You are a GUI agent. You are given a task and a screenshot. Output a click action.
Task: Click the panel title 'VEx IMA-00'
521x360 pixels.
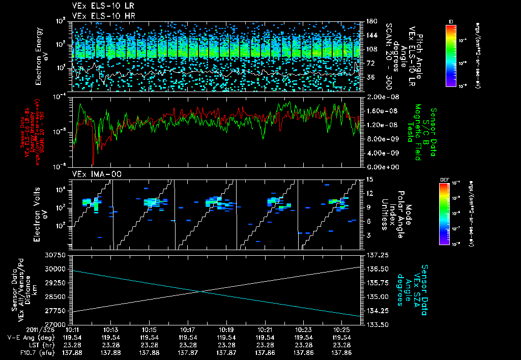click(92, 174)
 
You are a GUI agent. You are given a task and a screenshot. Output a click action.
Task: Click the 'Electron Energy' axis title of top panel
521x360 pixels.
click(39, 56)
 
